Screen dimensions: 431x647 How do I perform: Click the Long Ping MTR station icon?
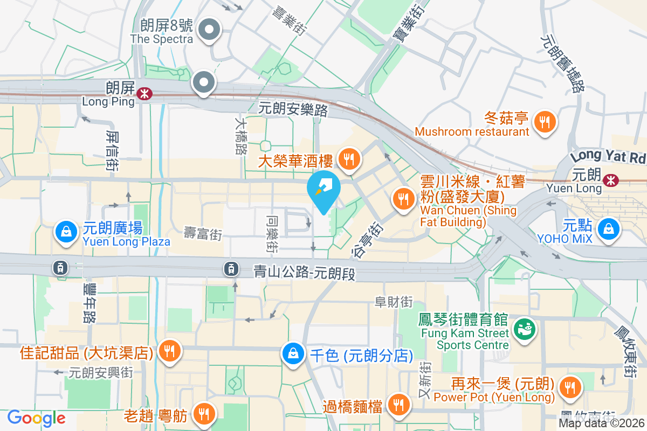[144, 94]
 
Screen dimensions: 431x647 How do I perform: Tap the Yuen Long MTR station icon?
[611, 179]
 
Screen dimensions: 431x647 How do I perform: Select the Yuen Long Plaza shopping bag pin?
[65, 233]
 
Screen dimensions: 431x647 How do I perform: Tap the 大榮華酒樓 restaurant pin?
[349, 159]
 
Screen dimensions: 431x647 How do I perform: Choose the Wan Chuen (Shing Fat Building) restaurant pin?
[402, 199]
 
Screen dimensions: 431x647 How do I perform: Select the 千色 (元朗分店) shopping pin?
[292, 354]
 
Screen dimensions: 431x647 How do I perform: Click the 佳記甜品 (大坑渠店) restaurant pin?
[170, 352]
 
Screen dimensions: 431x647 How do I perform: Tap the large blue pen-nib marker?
[323, 190]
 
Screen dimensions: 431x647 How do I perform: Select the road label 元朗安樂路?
[293, 109]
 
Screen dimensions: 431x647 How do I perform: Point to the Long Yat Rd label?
[608, 157]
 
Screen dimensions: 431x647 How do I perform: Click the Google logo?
[37, 418]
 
